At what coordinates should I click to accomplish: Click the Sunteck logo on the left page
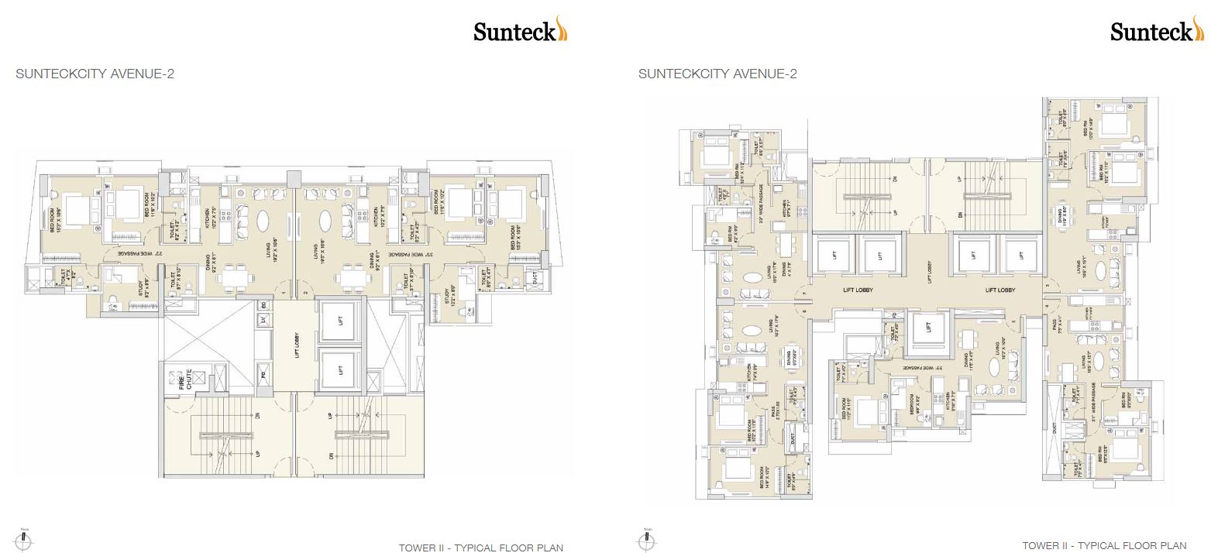click(x=520, y=31)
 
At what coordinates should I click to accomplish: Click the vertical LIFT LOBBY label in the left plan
click(x=297, y=345)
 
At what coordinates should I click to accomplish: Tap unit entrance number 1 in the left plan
click(x=284, y=292)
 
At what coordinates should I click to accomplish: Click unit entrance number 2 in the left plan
click(x=305, y=292)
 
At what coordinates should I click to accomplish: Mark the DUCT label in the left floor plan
click(x=532, y=276)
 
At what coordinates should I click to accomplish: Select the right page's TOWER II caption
click(x=1103, y=546)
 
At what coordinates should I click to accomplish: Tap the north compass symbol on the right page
click(x=648, y=539)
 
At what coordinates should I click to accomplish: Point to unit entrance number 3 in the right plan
click(x=1047, y=287)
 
